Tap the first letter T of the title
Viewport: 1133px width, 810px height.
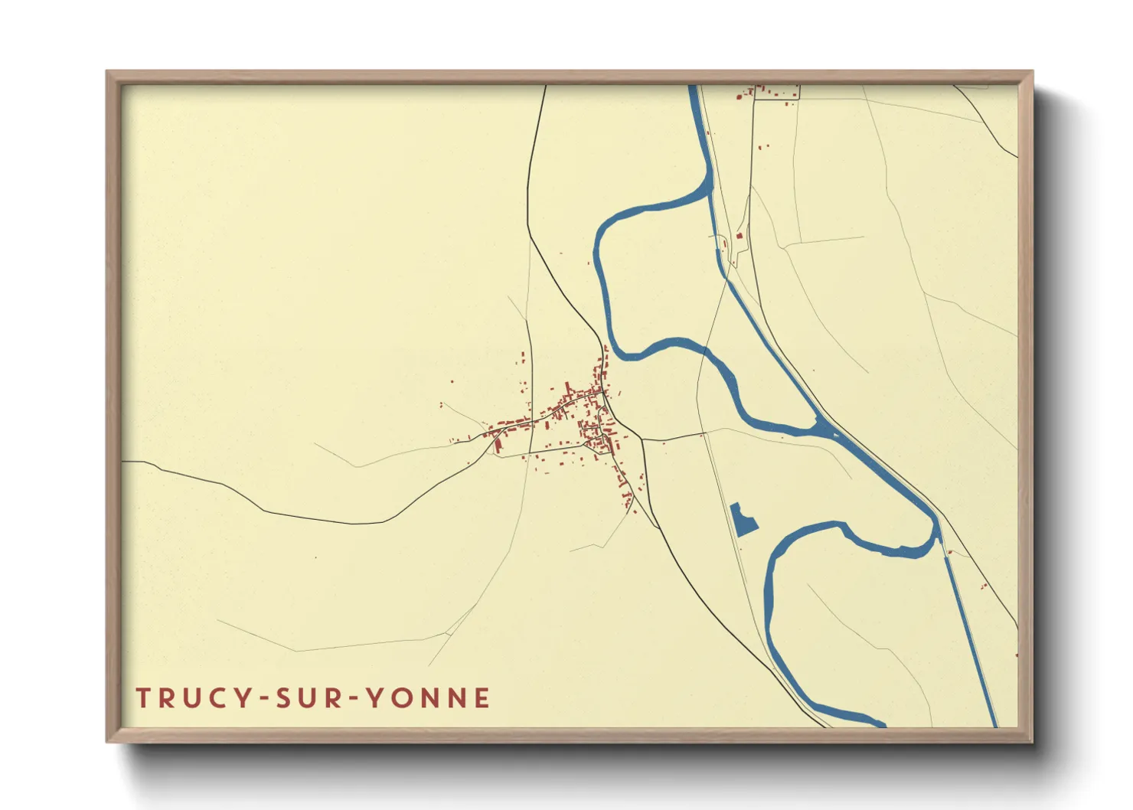[143, 698]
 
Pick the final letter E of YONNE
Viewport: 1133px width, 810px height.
[482, 698]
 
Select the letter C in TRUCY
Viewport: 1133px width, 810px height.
[220, 698]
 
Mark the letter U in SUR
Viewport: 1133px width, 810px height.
[310, 698]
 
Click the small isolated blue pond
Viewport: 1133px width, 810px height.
[742, 521]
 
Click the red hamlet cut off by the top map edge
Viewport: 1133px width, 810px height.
[769, 93]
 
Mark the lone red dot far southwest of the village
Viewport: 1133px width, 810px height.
[315, 557]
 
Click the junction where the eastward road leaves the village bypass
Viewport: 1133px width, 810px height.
[642, 440]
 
